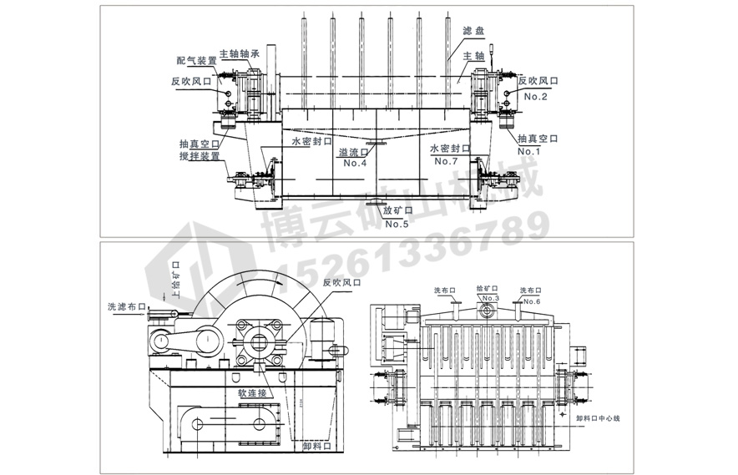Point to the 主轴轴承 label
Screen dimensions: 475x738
pyautogui.click(x=240, y=52)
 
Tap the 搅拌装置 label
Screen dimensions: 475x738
pyautogui.click(x=200, y=156)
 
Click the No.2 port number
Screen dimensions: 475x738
pyautogui.click(x=535, y=96)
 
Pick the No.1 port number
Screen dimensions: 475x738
pyautogui.click(x=529, y=151)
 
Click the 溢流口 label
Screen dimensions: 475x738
pyautogui.click(x=355, y=152)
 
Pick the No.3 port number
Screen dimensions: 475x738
pyautogui.click(x=489, y=299)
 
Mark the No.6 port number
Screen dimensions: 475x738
pyautogui.click(x=532, y=301)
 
